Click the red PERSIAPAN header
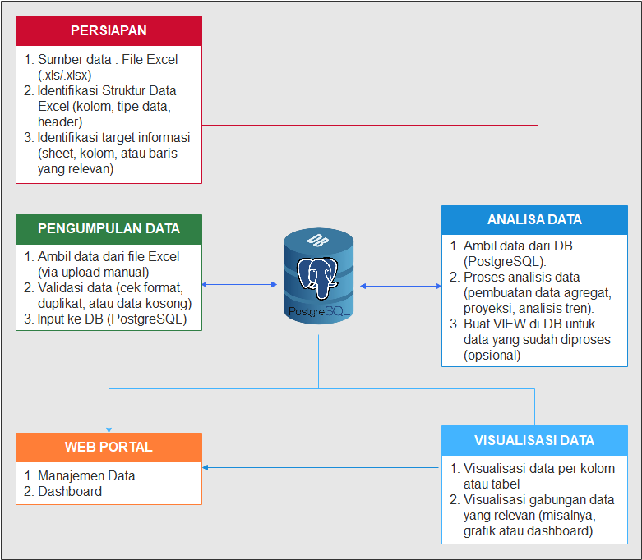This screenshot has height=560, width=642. tap(109, 31)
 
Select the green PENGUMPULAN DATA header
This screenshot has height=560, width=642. tap(109, 228)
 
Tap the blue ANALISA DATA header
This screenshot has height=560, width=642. tap(534, 219)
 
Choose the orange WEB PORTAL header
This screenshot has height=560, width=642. tap(109, 447)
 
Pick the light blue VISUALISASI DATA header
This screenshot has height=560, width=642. tap(534, 440)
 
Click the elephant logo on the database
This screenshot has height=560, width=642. tap(318, 279)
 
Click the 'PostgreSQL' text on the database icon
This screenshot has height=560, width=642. tap(318, 313)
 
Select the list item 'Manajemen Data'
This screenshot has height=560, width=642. tap(85, 475)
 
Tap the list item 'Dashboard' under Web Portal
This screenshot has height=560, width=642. tap(69, 491)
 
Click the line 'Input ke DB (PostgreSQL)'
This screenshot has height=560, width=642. tap(112, 319)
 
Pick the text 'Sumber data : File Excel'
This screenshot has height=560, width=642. tap(107, 59)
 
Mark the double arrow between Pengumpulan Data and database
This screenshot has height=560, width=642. tap(239, 285)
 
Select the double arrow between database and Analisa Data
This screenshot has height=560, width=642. tap(400, 286)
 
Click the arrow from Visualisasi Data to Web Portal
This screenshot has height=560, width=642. tap(321, 467)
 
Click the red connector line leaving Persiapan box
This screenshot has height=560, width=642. tap(370, 126)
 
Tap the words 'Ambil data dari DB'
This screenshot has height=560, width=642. tap(518, 246)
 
